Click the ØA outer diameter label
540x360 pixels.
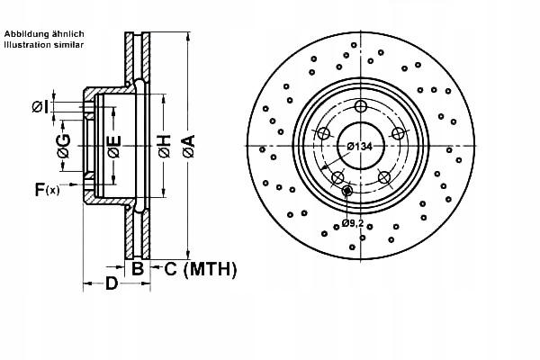point(189,147)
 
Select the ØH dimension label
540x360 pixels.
point(165,147)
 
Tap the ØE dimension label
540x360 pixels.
point(114,147)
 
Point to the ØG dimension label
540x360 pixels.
point(64,146)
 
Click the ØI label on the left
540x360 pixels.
point(40,107)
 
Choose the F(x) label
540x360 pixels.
point(47,189)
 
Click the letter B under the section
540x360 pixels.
point(138,268)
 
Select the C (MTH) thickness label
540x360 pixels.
point(201,269)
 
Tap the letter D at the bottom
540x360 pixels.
point(112,283)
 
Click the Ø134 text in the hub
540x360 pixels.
point(359,147)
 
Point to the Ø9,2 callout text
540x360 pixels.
point(353,223)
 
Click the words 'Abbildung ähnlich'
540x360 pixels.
point(44,34)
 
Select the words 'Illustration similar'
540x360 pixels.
point(44,44)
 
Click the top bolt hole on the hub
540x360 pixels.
point(361,106)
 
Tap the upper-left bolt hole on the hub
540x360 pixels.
point(324,133)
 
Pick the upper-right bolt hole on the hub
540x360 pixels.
point(398,133)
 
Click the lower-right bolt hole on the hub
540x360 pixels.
point(384,177)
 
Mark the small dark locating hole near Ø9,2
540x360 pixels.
point(347,190)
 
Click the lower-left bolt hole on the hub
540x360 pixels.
point(337,177)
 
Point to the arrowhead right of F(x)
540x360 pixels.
point(74,184)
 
